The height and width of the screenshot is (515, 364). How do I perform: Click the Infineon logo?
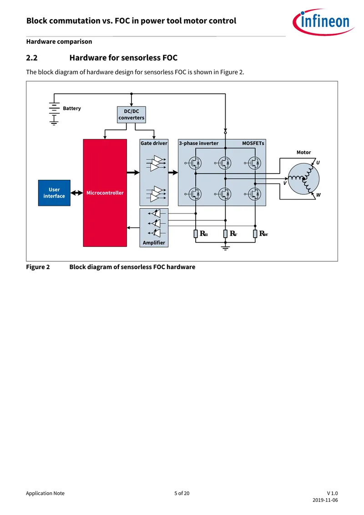click(x=324, y=22)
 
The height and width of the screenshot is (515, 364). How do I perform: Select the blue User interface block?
click(x=54, y=193)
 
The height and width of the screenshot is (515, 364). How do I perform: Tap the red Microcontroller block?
click(x=105, y=193)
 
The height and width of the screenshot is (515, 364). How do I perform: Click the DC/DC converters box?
click(x=131, y=115)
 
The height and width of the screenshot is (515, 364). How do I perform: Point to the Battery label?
click(x=72, y=108)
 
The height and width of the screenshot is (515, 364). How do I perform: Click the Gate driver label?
click(x=154, y=143)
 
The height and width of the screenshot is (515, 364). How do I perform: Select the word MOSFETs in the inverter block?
click(x=253, y=143)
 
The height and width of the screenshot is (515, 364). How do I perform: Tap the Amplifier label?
click(x=154, y=243)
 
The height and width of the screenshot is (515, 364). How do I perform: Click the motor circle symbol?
click(x=303, y=179)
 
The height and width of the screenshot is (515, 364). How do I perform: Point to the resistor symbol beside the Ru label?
click(x=196, y=234)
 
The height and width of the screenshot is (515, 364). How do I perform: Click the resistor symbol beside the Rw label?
click(x=255, y=234)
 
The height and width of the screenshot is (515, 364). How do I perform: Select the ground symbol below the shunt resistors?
click(x=225, y=247)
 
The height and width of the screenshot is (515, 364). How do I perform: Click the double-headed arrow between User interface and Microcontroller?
click(x=76, y=193)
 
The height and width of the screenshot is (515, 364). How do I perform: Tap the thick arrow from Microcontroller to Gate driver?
click(x=133, y=173)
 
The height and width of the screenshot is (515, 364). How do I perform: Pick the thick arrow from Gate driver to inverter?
click(x=173, y=173)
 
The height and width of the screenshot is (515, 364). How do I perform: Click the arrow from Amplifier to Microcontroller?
click(x=133, y=228)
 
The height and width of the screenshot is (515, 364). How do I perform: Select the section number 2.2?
click(x=32, y=58)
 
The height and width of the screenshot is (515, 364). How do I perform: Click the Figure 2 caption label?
click(x=38, y=267)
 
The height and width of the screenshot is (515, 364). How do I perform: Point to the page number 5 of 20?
click(x=182, y=493)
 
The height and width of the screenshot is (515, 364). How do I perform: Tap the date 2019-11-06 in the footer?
click(x=325, y=500)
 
